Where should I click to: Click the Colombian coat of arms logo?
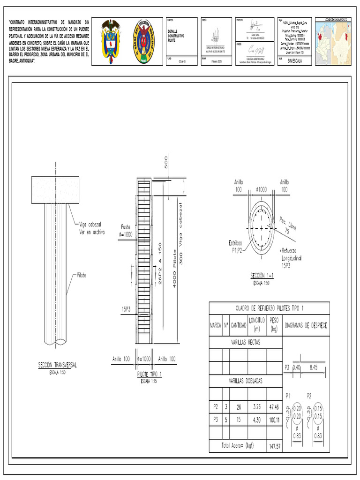point(111,42)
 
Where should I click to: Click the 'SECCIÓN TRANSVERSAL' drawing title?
point(58,365)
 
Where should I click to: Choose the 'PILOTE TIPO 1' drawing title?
point(149,374)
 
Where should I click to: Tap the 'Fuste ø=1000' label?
point(126,230)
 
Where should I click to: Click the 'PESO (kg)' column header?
point(274,324)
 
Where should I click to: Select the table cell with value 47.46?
point(274,406)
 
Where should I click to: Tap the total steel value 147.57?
point(274,446)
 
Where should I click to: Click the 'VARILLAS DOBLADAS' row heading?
point(246,381)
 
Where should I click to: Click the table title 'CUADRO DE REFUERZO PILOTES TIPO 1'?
point(269,308)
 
